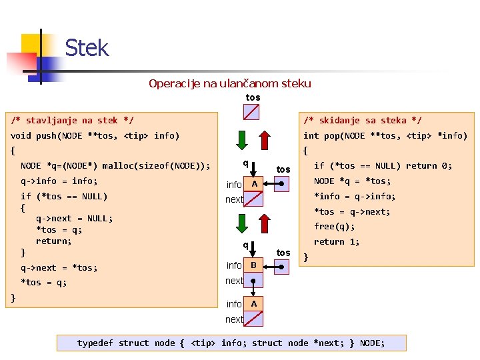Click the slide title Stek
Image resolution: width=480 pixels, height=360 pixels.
pyautogui.click(x=87, y=48)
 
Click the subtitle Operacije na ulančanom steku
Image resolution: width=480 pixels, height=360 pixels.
pyautogui.click(x=230, y=83)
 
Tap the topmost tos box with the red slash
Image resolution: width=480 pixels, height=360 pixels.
pyautogui.click(x=252, y=111)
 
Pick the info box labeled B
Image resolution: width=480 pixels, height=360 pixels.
pyautogui.click(x=254, y=266)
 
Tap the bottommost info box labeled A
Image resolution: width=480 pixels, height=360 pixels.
pyautogui.click(x=254, y=304)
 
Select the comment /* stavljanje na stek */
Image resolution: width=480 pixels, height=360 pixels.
pyautogui.click(x=72, y=121)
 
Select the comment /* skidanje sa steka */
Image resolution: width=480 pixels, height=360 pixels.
pyautogui.click(x=362, y=121)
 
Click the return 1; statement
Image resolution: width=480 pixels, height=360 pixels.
pyautogui.click(x=337, y=242)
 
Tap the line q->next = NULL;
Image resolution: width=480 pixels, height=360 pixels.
pyautogui.click(x=74, y=219)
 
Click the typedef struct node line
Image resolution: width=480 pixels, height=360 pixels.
pyautogui.click(x=231, y=343)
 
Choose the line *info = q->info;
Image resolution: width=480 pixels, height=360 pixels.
pyautogui.click(x=355, y=197)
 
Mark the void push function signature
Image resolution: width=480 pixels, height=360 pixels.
pyautogui.click(x=95, y=136)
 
